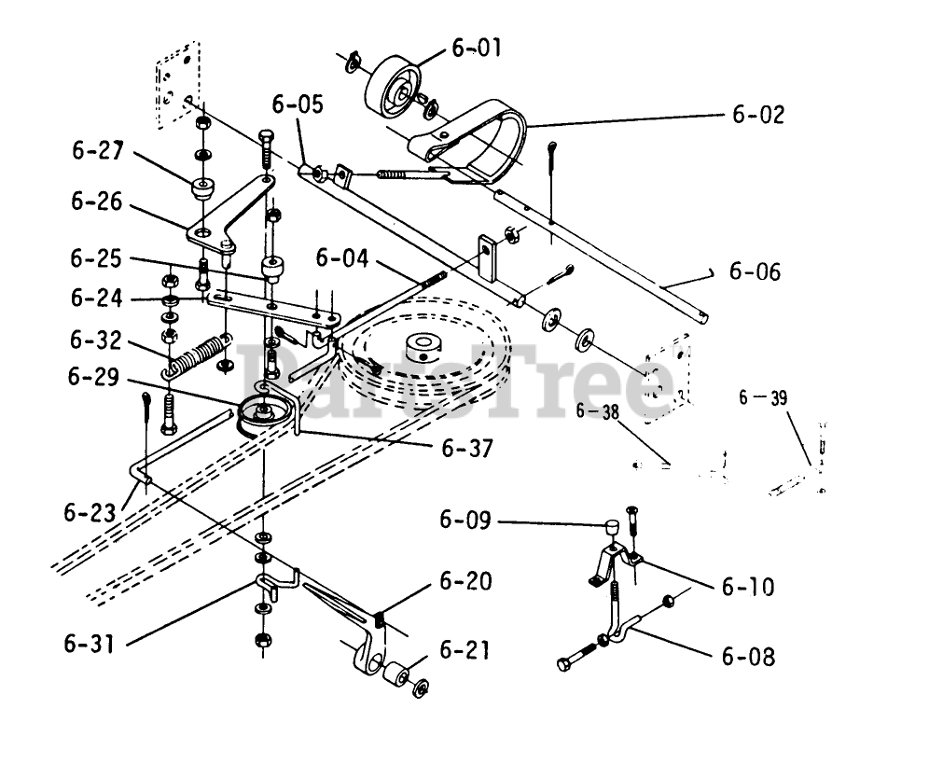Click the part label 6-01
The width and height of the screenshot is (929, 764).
(476, 47)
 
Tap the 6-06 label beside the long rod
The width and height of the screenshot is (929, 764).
(755, 272)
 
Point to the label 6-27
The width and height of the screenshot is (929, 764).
(96, 151)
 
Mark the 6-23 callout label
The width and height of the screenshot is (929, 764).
(90, 512)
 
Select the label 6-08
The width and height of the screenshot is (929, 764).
(748, 656)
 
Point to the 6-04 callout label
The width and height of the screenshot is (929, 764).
(340, 256)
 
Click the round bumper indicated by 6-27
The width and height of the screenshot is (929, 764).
(201, 188)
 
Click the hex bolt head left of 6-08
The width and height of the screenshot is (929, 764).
(565, 663)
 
